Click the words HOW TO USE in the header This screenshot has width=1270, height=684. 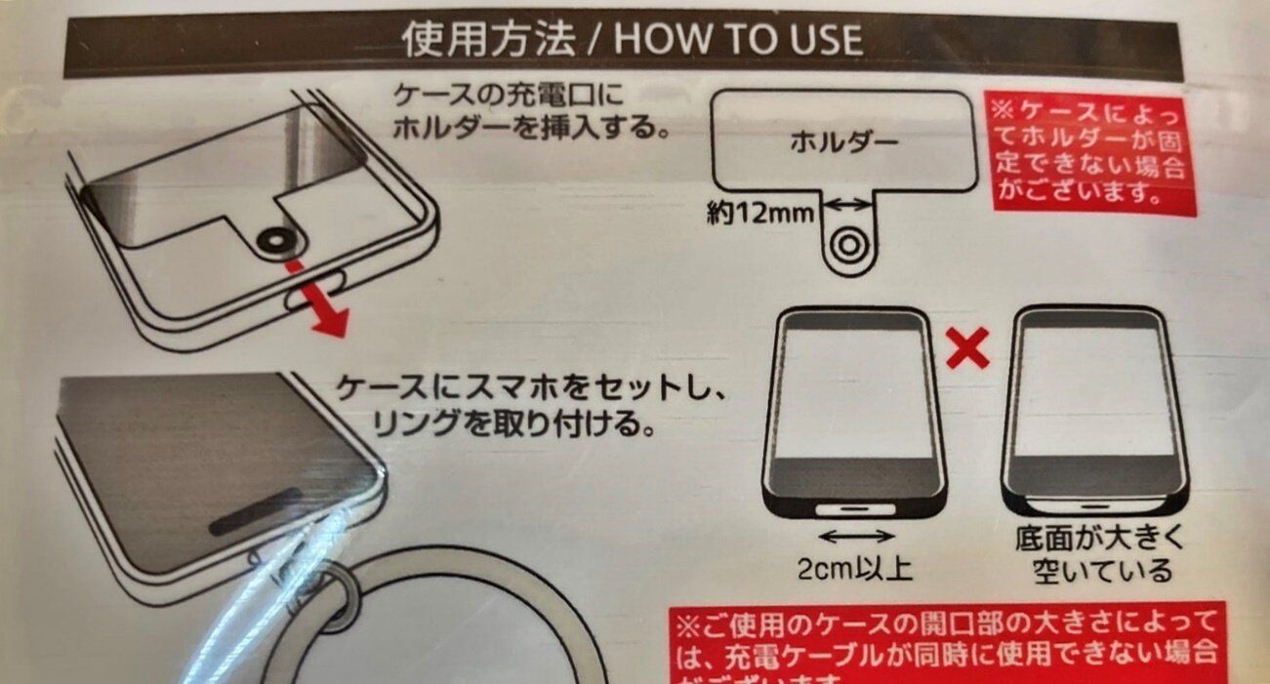[738, 40]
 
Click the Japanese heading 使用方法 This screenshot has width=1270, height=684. [488, 40]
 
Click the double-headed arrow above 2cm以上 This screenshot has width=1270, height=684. [856, 536]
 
